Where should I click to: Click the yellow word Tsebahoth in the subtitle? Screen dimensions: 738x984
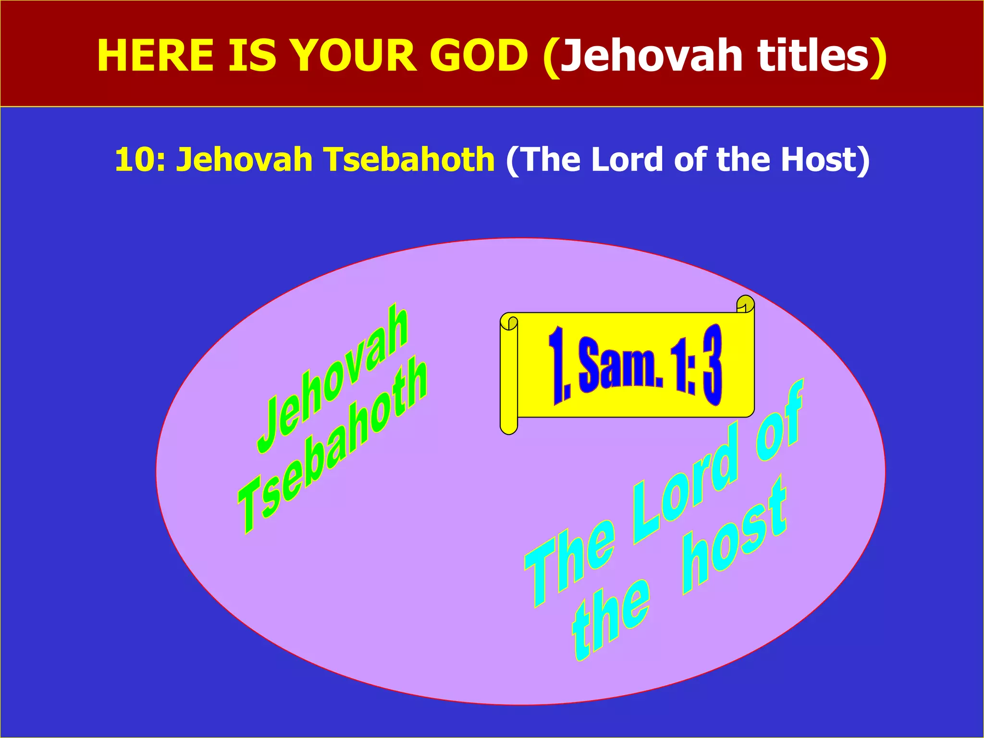[x=408, y=160]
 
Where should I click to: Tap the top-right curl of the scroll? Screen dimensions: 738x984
[x=745, y=304]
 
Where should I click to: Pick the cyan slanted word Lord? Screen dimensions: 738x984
[x=687, y=480]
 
